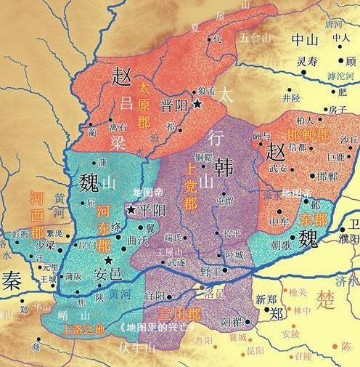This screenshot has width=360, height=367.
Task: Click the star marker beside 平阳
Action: pos(131,209)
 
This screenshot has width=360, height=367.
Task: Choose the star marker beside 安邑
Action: pos(107,259)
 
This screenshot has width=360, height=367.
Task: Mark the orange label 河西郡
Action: pos(36,214)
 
